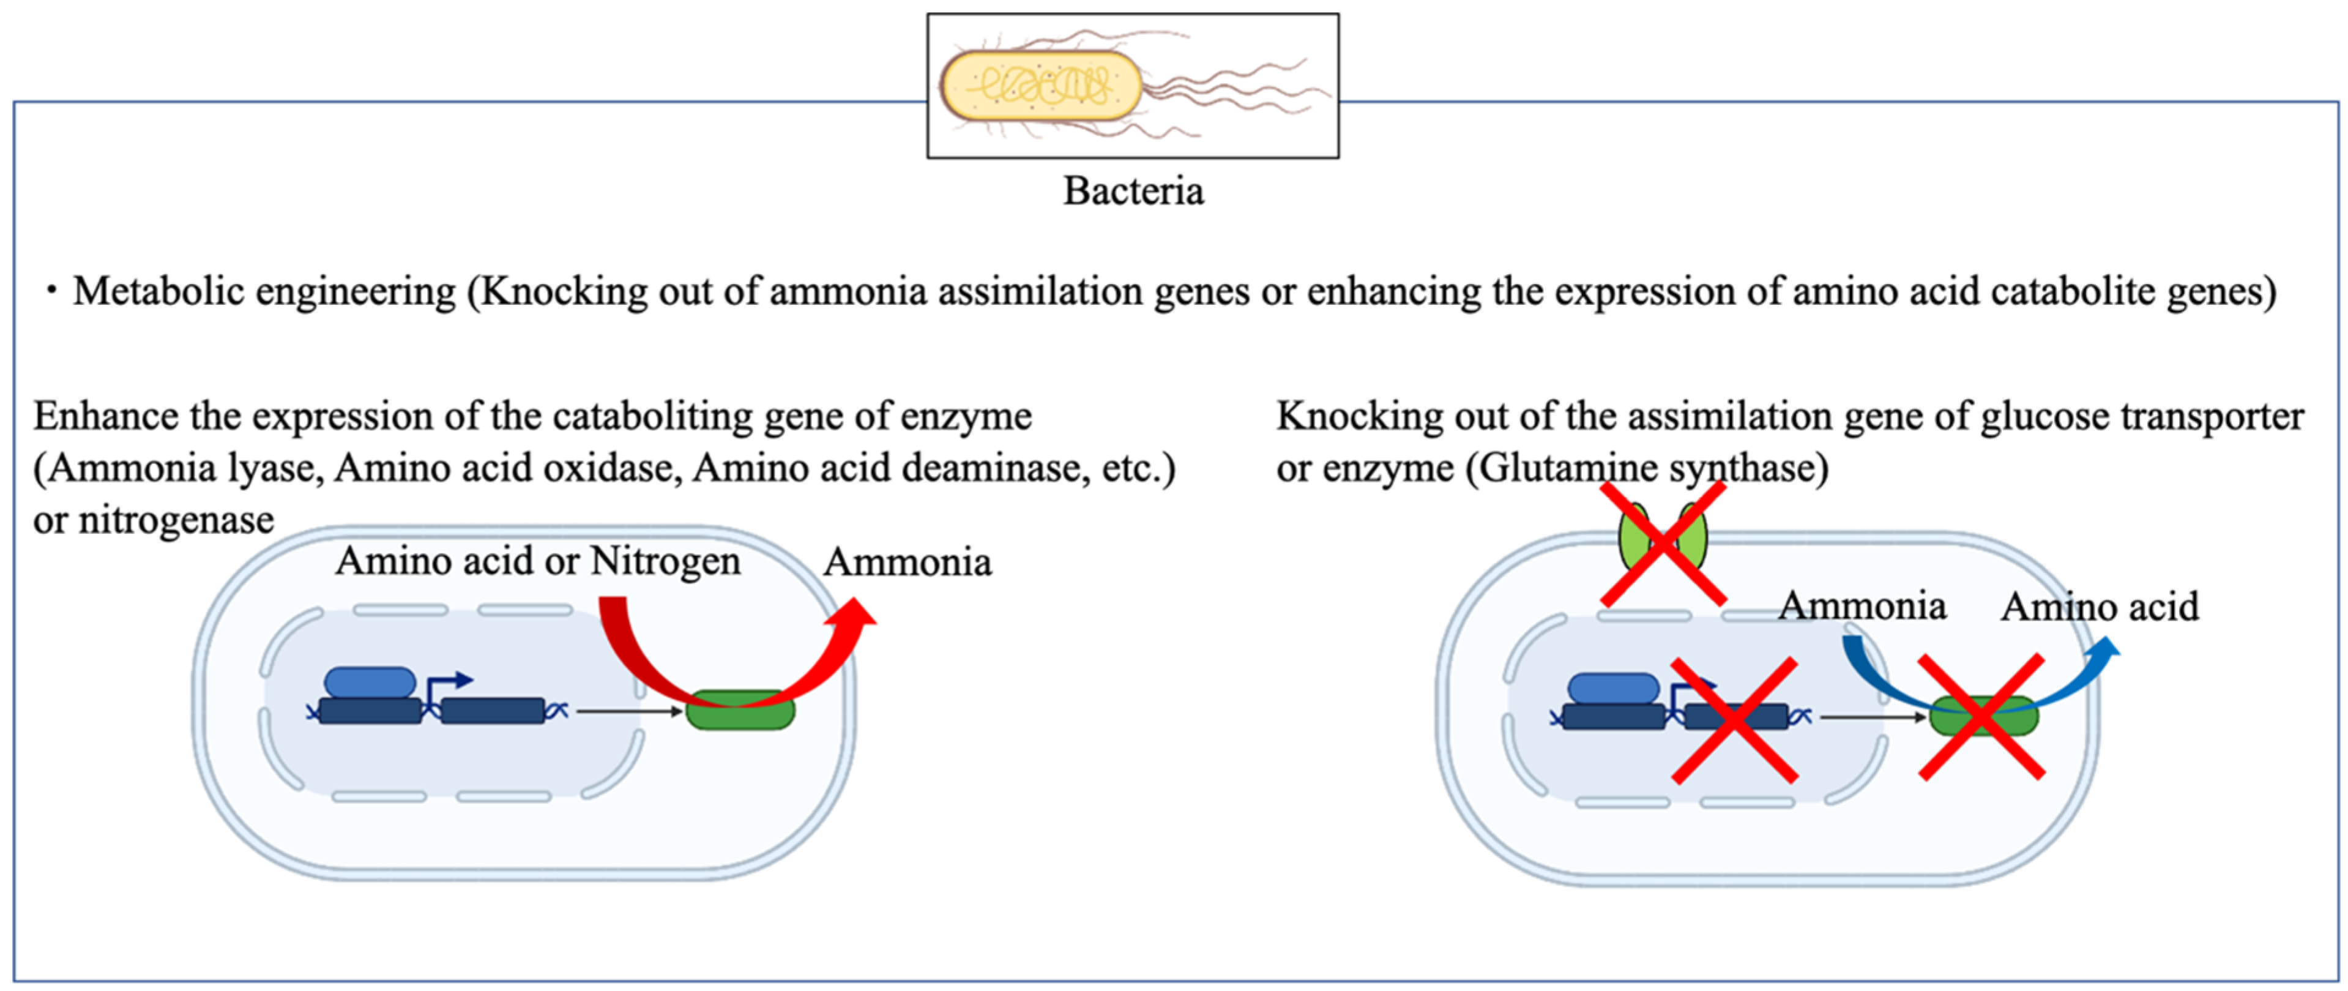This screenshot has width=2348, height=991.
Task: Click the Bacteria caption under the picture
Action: pyautogui.click(x=1133, y=190)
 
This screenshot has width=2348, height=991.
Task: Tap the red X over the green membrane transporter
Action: pyautogui.click(x=1663, y=544)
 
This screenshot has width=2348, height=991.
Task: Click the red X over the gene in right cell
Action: pyautogui.click(x=1734, y=720)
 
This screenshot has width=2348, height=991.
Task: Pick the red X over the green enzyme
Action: pyautogui.click(x=1981, y=717)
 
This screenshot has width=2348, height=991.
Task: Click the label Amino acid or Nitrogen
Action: pyautogui.click(x=538, y=561)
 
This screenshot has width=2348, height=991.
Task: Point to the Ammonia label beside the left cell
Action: pyautogui.click(x=907, y=563)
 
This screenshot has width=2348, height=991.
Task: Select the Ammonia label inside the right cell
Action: pyautogui.click(x=1862, y=606)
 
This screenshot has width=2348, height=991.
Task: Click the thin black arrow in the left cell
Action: pyautogui.click(x=629, y=711)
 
